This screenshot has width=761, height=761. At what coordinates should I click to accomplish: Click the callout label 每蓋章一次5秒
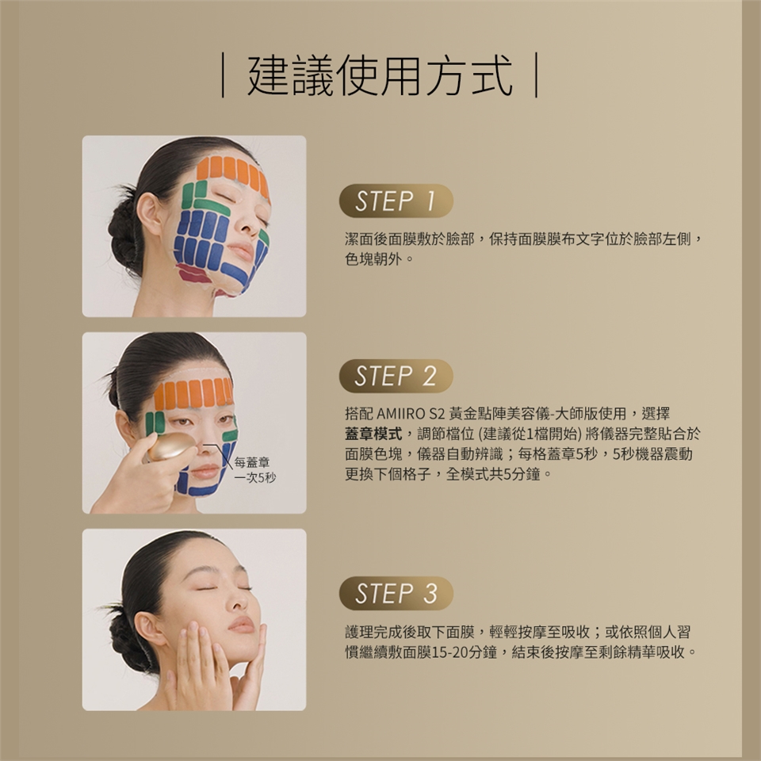coord(254,469)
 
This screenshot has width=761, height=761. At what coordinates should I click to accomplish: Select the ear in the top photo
coord(150,212)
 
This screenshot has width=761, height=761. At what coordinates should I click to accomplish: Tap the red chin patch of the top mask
coord(194,275)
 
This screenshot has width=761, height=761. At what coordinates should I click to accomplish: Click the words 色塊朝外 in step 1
coord(373,259)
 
